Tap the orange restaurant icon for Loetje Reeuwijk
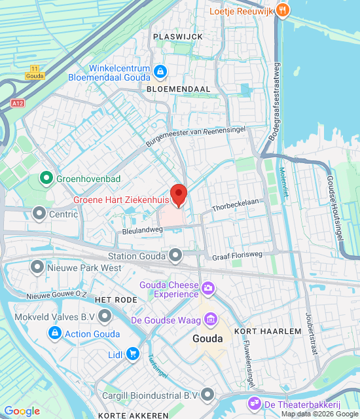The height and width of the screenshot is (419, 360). point(282,10)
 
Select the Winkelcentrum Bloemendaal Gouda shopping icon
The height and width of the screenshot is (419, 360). point(160,70)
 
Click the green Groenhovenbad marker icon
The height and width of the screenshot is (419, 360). point(46,177)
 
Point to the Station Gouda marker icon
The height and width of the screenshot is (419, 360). point(175,255)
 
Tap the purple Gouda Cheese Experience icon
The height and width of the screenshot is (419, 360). point(208,287)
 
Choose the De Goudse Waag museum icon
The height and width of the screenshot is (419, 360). point(211,319)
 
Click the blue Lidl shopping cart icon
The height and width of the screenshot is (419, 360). point(132,354)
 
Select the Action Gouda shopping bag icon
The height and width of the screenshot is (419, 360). point(55,334)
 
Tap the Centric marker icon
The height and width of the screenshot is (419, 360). point(39,213)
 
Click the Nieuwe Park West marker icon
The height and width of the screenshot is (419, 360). point(37,267)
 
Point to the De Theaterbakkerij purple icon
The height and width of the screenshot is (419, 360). point(253,402)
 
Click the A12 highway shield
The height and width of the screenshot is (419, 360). point(17,103)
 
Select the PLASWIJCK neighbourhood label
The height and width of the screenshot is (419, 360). point(177,37)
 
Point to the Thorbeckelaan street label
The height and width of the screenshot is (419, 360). point(236,205)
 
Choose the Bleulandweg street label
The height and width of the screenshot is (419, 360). point(142,230)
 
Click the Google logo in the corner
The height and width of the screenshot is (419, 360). point(22,411)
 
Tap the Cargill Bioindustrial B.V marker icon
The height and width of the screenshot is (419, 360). point(208,394)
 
